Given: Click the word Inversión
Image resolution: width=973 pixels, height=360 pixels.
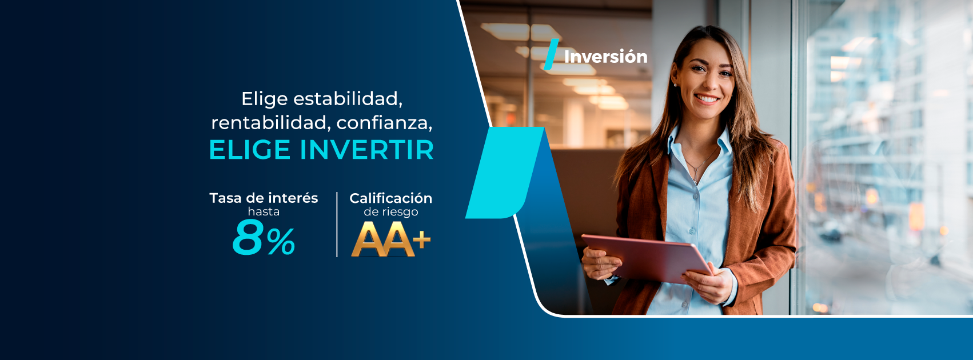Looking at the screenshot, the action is [x=605, y=57].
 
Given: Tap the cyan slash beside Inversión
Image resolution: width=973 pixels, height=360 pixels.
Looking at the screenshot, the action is [x=551, y=54].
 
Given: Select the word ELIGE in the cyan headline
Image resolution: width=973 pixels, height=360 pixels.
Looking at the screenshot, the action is [x=250, y=150].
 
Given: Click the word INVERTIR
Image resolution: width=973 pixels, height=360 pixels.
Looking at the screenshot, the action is [x=366, y=150].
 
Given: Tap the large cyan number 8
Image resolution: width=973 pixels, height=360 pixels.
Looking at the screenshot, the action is [x=248, y=237].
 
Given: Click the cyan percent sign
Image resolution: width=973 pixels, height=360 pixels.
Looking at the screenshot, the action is [x=281, y=242].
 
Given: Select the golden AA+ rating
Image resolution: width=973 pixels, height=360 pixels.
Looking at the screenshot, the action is [x=390, y=239].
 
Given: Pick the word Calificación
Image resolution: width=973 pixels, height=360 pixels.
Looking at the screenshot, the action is [x=390, y=198].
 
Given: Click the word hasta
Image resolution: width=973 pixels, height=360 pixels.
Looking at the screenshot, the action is [x=264, y=212].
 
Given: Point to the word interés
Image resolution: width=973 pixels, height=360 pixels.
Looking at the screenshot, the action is [x=294, y=198].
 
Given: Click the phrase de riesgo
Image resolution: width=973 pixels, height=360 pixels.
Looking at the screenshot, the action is [x=391, y=212].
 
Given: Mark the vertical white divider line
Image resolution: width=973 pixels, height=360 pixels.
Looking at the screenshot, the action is [x=337, y=225].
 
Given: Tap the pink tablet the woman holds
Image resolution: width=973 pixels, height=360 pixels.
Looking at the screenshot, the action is [x=647, y=258].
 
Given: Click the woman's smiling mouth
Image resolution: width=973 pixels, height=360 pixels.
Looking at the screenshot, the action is [x=707, y=99].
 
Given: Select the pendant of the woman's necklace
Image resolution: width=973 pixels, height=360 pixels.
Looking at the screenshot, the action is [x=695, y=179].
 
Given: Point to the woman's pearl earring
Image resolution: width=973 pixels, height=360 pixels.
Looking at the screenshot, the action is [x=676, y=85].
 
